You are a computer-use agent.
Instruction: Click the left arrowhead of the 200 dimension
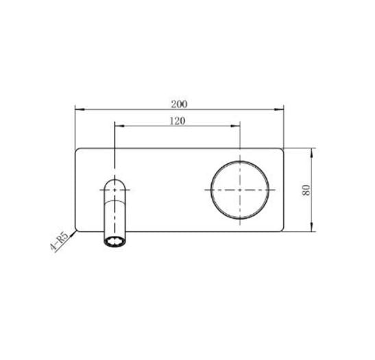77,109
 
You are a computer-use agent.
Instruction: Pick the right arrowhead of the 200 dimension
281,109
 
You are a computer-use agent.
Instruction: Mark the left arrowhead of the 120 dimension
118,126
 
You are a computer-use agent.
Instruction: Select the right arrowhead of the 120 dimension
237,126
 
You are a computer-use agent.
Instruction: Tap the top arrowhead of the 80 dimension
313,151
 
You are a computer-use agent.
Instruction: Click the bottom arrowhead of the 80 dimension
313,228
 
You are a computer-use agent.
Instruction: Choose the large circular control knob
240,189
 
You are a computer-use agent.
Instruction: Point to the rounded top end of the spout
114,180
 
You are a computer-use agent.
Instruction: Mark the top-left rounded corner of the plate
77,150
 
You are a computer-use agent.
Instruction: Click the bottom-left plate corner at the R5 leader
77,230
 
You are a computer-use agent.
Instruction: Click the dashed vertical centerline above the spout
114,147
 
